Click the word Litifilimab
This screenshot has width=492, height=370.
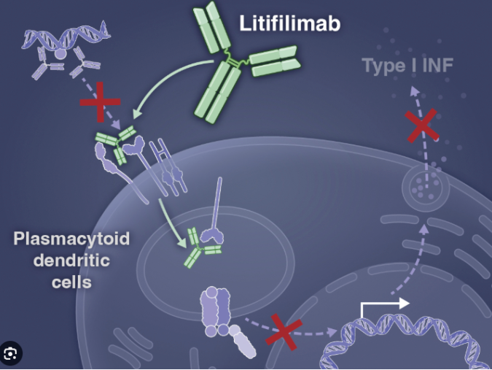(289, 23)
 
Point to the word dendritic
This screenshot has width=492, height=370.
(71, 261)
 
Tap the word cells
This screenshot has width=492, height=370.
(71, 281)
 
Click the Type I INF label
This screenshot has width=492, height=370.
(407, 66)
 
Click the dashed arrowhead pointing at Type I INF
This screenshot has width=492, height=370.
(415, 90)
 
